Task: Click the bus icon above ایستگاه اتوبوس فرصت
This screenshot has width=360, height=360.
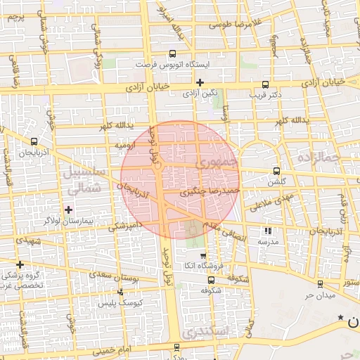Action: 173,53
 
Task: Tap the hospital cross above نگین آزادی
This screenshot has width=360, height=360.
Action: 200,82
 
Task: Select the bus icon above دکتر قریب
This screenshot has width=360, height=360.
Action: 265,83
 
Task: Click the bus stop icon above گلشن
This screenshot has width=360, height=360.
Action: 276,171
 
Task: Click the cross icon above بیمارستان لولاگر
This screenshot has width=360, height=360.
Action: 68,210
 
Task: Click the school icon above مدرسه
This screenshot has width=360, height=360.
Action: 267,231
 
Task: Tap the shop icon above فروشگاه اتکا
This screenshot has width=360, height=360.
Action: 203,255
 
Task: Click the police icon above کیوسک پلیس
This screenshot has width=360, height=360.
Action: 120,292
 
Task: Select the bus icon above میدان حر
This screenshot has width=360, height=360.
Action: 321,284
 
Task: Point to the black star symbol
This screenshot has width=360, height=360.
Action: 341,318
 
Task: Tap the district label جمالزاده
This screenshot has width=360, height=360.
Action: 324,156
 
